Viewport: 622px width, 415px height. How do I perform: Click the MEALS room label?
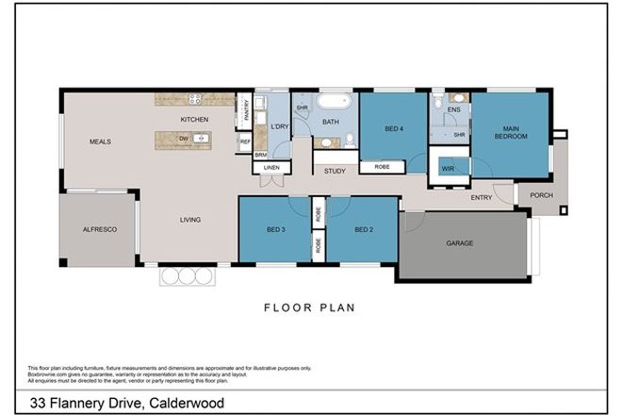point(100,141)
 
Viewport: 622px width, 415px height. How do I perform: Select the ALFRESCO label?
point(99,230)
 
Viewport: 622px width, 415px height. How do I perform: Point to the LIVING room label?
point(192,221)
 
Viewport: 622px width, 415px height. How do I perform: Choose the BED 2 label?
point(365,230)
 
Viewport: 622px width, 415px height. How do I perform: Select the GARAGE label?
point(460,242)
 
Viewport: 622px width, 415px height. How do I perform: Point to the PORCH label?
point(542,196)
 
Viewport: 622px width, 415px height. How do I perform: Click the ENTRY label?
point(481,197)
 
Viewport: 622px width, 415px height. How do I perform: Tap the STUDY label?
point(335,172)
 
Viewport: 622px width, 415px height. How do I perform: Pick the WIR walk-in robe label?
point(448,169)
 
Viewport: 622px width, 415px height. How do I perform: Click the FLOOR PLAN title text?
point(310,307)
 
